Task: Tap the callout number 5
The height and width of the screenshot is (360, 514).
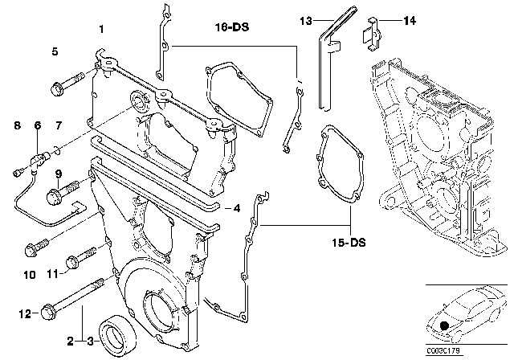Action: click(x=55, y=51)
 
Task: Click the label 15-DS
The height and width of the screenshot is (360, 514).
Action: click(x=338, y=240)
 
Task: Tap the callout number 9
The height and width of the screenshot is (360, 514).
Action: click(x=59, y=174)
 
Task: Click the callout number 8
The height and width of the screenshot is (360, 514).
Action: click(x=16, y=125)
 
